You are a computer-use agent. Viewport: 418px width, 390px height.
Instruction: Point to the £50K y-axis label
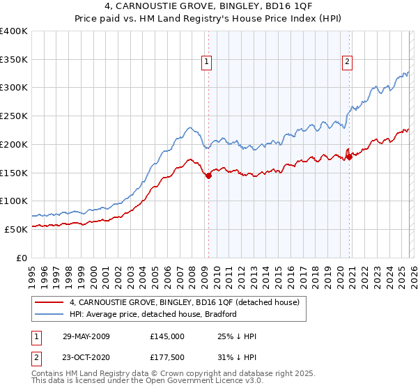point(16,228)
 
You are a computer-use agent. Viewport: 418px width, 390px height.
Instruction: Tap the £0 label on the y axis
point(22,257)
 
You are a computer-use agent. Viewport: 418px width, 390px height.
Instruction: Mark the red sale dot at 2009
point(208,176)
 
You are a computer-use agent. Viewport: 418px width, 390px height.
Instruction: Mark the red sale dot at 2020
point(349,157)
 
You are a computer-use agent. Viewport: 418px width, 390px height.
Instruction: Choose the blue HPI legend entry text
point(153,314)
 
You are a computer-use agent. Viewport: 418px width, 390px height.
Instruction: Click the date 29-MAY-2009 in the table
point(86,336)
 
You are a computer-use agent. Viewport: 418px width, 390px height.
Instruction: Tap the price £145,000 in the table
point(167,336)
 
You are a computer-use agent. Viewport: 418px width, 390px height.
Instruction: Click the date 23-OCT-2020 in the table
point(86,357)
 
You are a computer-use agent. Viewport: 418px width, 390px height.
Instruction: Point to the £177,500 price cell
point(167,357)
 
